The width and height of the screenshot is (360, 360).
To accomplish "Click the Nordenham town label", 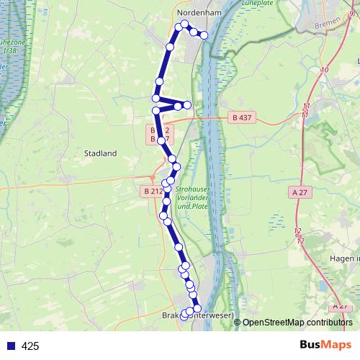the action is tap(201, 12).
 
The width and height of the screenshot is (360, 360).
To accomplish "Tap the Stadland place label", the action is tap(100, 153).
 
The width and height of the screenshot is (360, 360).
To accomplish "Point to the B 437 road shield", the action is tap(243, 117).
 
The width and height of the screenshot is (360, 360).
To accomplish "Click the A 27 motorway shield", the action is tap(302, 192).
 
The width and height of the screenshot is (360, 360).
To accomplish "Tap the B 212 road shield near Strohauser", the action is tap(152, 192).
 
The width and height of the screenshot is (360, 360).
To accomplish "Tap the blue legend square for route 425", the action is tap(10, 346).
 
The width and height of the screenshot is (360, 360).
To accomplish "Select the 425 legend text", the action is tap(30, 346).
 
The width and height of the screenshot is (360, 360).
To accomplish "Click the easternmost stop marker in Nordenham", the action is tap(204, 35).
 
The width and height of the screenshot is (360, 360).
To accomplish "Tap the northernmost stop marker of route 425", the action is tap(184, 24).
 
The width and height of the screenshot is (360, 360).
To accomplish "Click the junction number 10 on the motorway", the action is tap(325, 70).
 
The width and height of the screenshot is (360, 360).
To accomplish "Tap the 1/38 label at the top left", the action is tap(9, 52).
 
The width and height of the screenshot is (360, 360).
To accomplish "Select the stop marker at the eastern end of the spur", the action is tap(187, 105).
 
